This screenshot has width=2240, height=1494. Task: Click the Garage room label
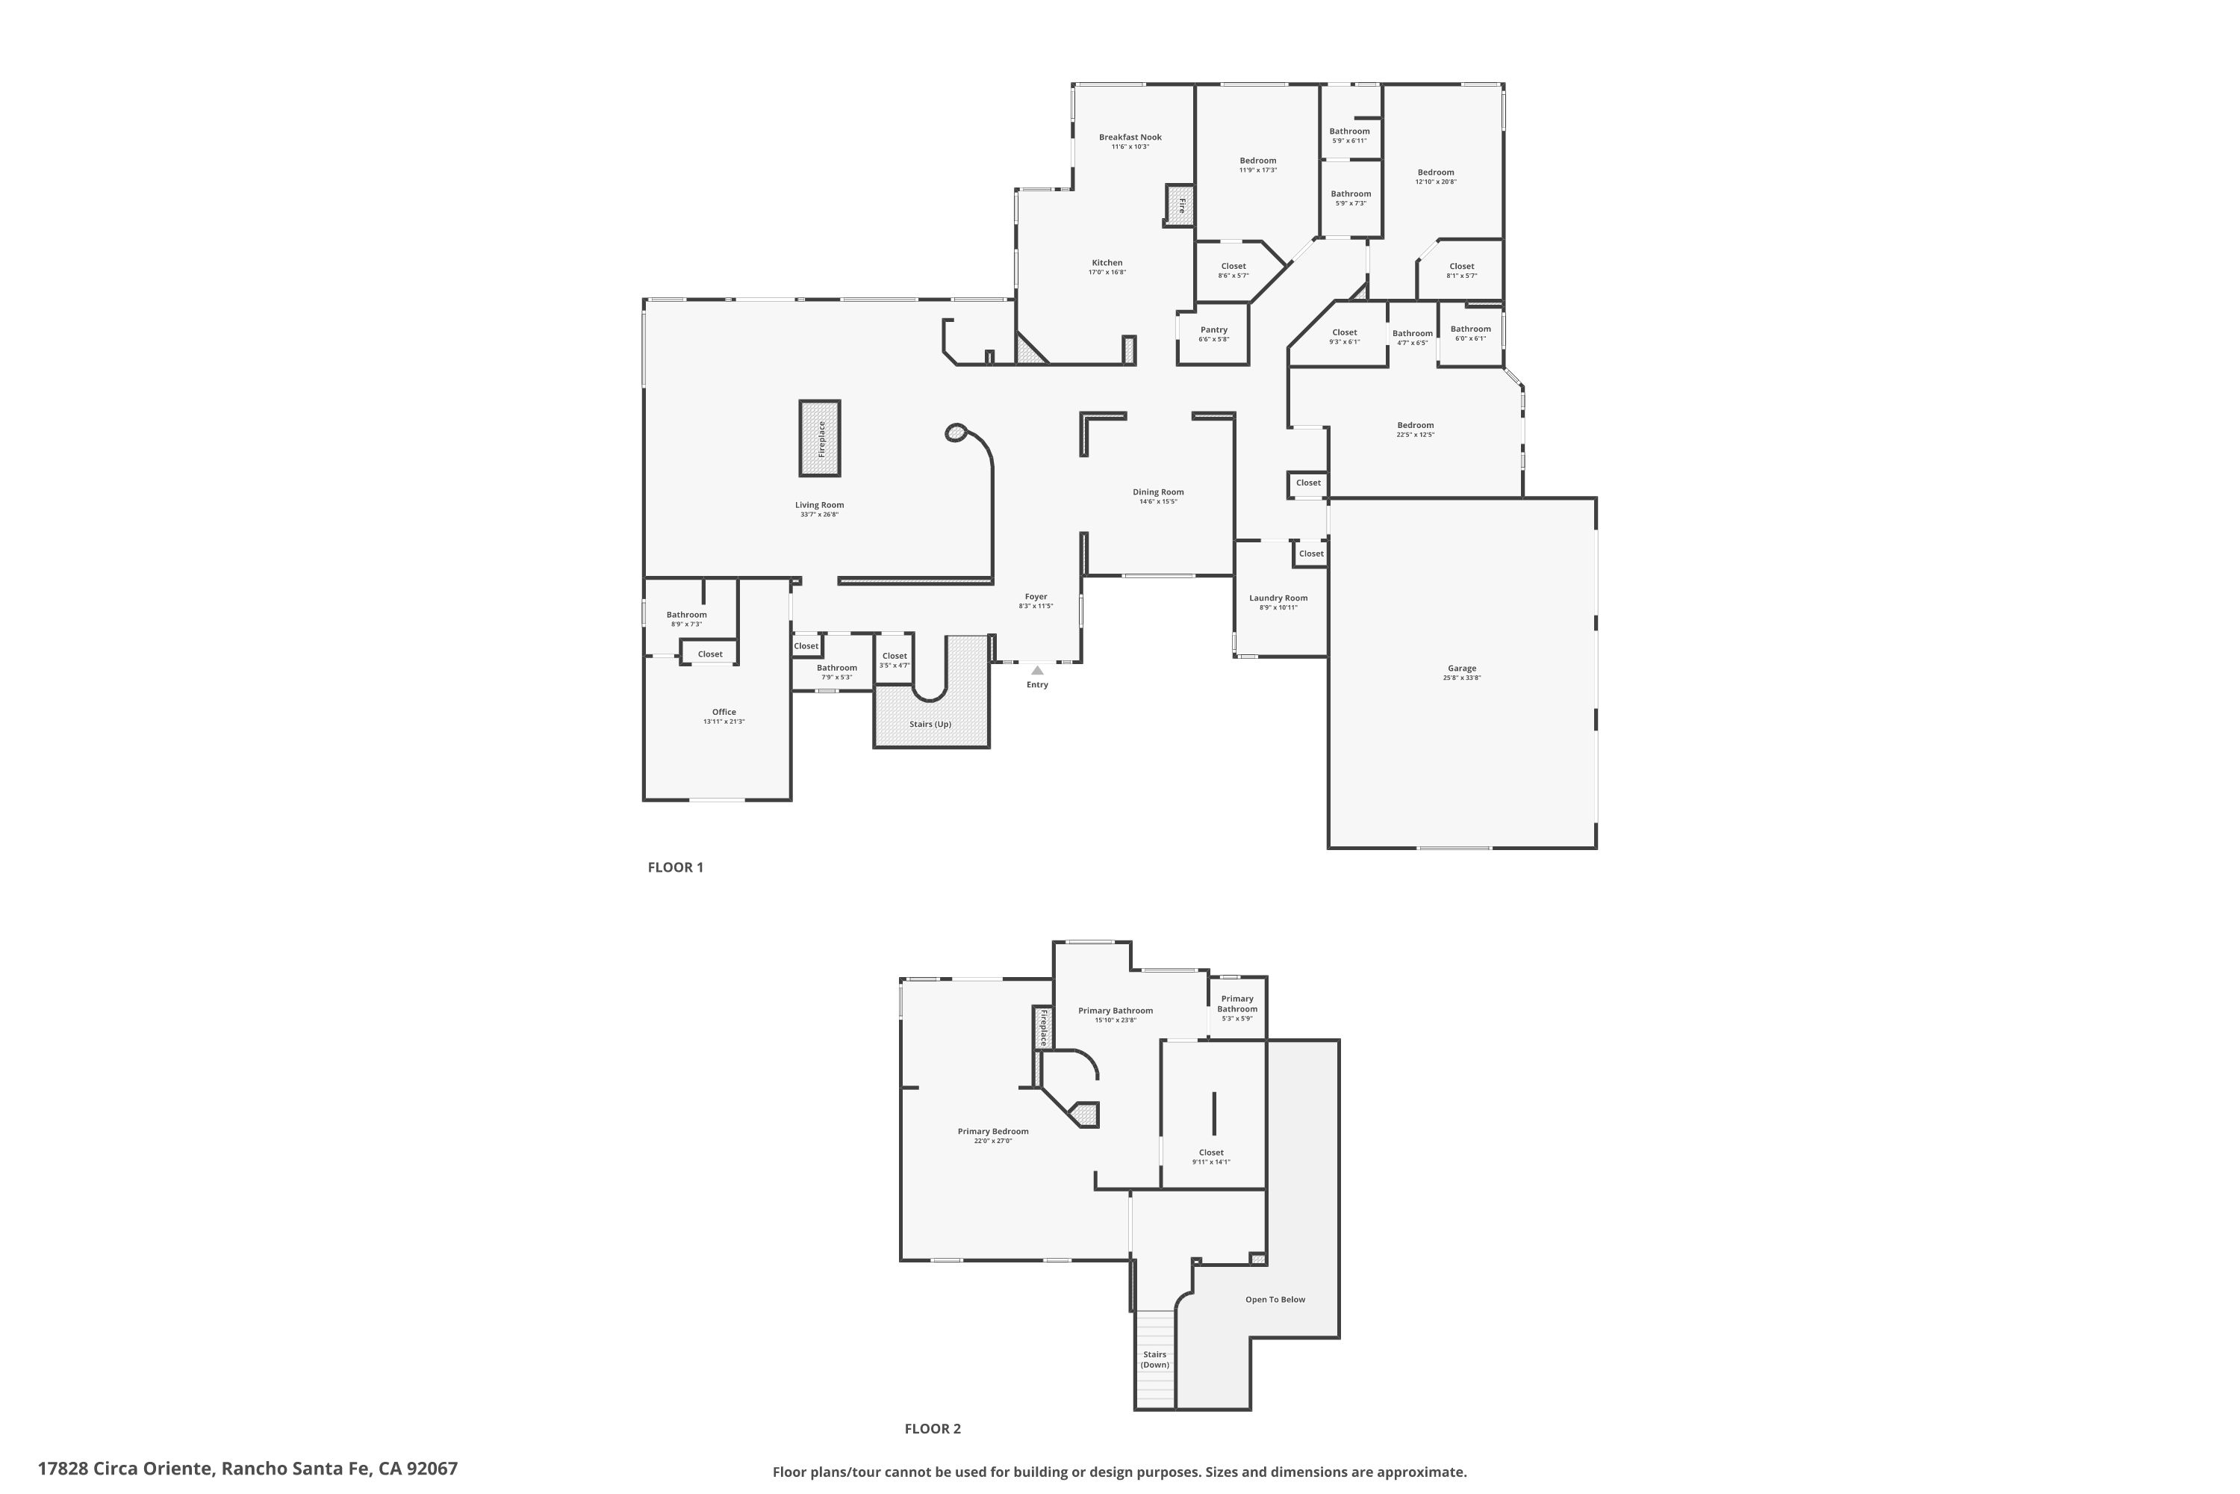[1461, 669]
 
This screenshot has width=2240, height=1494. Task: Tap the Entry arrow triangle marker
[1037, 671]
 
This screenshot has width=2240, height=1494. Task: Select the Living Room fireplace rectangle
[820, 438]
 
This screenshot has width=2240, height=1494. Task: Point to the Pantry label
[1213, 329]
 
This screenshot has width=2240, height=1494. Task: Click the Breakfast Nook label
[1130, 137]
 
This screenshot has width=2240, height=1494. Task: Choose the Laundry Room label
[1278, 598]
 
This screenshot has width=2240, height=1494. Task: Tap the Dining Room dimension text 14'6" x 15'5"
[1158, 502]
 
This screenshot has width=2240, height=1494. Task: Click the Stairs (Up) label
[930, 724]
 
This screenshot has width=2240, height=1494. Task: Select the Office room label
[724, 712]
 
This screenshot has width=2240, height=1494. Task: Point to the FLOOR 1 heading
[675, 867]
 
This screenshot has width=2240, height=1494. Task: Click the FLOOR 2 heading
[933, 1428]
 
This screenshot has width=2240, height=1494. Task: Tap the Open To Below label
[1275, 1300]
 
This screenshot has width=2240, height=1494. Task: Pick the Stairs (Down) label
[1154, 1360]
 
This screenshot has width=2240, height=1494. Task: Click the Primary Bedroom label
[992, 1132]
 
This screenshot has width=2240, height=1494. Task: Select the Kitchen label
[1107, 263]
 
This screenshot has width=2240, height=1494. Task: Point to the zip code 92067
[432, 1469]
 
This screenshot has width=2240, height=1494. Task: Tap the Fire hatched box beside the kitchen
[1180, 205]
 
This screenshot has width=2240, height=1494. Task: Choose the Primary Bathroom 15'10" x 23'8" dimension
[1116, 1020]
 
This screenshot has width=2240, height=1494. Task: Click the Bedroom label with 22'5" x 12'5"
[1415, 425]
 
